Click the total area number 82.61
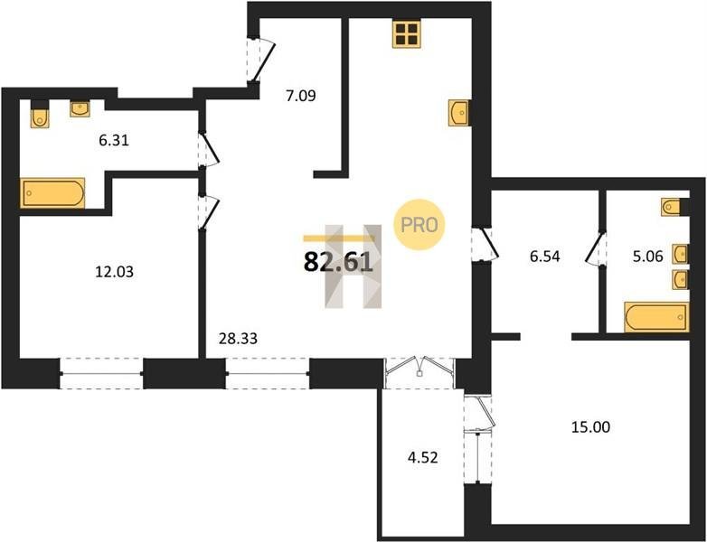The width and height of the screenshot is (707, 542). point(339,262)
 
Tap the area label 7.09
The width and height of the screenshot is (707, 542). point(301,96)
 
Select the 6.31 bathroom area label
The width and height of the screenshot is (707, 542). point(114,141)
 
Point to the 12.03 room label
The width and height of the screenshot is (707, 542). point(115,272)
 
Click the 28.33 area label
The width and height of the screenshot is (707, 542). point(238,338)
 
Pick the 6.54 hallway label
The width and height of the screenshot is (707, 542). point(544,257)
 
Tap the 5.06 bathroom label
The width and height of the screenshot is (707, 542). point(647,257)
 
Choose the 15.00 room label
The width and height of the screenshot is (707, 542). point(590,426)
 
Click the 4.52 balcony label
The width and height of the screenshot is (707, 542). point(422,458)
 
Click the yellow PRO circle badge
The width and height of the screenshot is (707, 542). point(419,224)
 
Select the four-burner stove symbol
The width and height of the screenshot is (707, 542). point(406,33)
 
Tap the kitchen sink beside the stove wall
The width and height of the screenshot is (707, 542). point(459,113)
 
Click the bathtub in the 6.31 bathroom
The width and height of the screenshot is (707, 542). point(52,192)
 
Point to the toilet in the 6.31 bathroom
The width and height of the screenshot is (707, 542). point(40,115)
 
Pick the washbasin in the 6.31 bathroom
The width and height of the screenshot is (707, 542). point(80,108)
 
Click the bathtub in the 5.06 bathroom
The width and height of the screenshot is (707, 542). point(656,317)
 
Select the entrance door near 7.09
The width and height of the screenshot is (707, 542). point(260,61)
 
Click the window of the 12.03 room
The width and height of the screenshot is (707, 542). point(101,373)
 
